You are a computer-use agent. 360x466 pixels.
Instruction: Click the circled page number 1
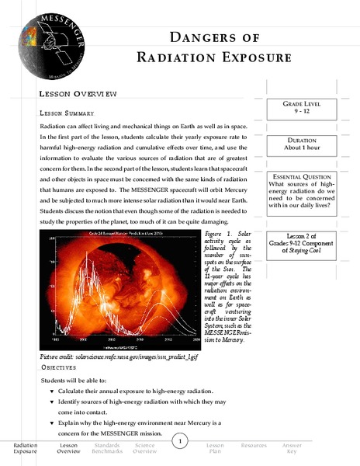(179, 442)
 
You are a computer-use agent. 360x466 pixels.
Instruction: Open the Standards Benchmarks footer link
(106, 447)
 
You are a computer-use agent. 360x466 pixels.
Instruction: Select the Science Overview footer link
(144, 447)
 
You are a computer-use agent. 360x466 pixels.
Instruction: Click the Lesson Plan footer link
(216, 447)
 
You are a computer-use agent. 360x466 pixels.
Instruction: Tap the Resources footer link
(254, 445)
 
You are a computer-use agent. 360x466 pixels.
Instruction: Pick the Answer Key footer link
(292, 447)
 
